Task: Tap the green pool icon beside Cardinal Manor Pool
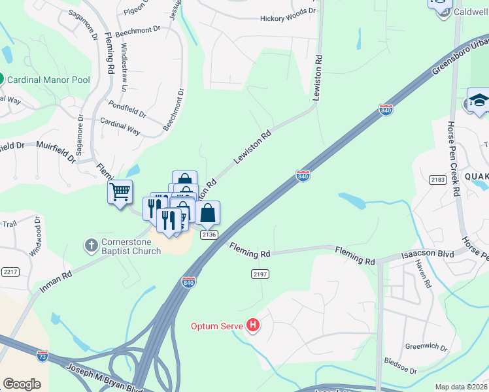1,80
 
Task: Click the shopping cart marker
120,192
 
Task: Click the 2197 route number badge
260,274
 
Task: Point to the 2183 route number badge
438,179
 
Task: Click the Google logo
22,384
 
